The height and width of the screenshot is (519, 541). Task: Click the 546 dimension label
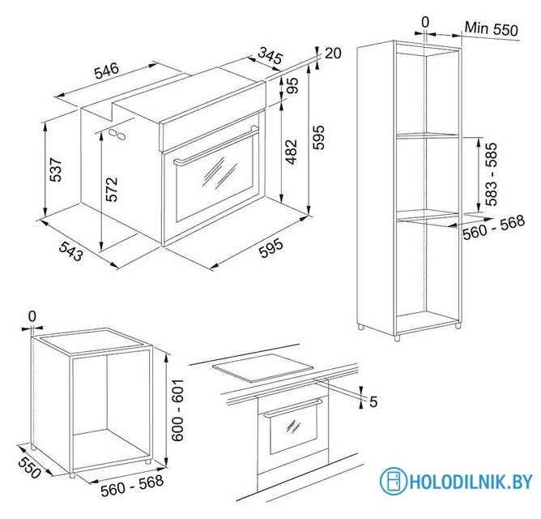pyautogui.click(x=107, y=71)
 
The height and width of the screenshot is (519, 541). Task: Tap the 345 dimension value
pyautogui.click(x=270, y=55)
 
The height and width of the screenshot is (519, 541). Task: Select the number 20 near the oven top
pyautogui.click(x=333, y=54)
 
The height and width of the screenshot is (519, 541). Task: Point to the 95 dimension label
pyautogui.click(x=292, y=85)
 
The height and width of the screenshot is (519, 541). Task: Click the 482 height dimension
pyautogui.click(x=292, y=152)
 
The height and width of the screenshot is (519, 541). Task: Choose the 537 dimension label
pyautogui.click(x=56, y=169)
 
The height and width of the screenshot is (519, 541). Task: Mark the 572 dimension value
pyautogui.click(x=112, y=190)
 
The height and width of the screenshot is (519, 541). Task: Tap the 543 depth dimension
pyautogui.click(x=71, y=251)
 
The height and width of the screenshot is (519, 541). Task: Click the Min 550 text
pyautogui.click(x=492, y=28)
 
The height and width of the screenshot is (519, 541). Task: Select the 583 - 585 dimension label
pyautogui.click(x=491, y=174)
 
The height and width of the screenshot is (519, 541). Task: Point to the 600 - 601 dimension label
pyautogui.click(x=177, y=410)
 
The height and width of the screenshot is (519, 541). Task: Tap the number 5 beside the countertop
pyautogui.click(x=373, y=402)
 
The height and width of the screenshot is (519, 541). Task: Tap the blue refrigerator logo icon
pyautogui.click(x=394, y=481)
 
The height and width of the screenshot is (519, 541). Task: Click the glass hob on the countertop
pyautogui.click(x=263, y=368)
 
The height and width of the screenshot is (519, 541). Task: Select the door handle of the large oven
pyautogui.click(x=216, y=145)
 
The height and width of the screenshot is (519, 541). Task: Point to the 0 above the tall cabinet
pyautogui.click(x=425, y=23)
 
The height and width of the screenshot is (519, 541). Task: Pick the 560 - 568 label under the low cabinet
pyautogui.click(x=132, y=486)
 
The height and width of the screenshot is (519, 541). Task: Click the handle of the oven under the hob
pyautogui.click(x=293, y=408)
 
